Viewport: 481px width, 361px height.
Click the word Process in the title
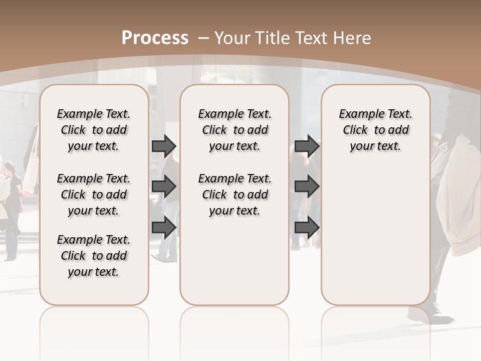coord(155,38)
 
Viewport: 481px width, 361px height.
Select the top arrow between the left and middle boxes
coord(164,146)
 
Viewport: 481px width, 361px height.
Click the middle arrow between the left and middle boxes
coord(164,187)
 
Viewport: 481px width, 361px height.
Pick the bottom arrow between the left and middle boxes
coord(164,227)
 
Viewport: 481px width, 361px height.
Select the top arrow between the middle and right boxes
coord(307,146)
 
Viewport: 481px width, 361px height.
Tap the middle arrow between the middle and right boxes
coord(307,187)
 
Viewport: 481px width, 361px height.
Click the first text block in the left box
coord(94,130)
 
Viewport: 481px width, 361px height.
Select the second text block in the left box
coord(94,195)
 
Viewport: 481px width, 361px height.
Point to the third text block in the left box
coord(94,256)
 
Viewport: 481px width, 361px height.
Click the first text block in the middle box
coord(235,130)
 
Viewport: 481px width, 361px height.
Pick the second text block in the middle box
coord(235,195)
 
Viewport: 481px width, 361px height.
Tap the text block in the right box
coord(376,130)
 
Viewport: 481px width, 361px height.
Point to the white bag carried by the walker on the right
coord(458,201)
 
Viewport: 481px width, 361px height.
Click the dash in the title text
coord(203,38)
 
